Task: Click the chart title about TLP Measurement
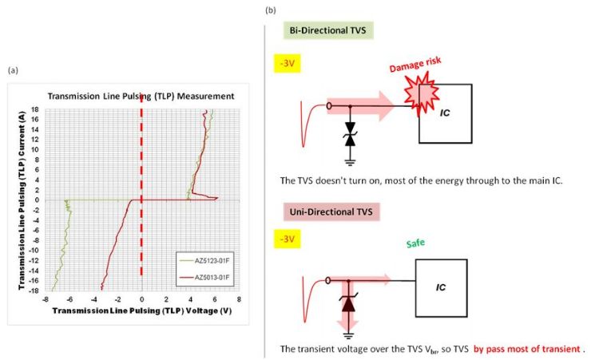(x=141, y=97)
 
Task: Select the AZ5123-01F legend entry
(x=204, y=261)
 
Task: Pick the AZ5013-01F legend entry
(x=204, y=278)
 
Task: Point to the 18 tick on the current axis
(x=35, y=109)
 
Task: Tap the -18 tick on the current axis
(x=34, y=291)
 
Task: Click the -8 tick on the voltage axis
(x=45, y=299)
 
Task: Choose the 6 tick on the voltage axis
(x=215, y=299)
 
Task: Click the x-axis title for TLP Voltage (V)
(x=142, y=311)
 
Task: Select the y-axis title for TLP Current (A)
(x=22, y=200)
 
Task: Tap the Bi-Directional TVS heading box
(x=328, y=30)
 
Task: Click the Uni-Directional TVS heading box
(x=331, y=212)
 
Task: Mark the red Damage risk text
(x=415, y=65)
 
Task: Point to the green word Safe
(x=415, y=243)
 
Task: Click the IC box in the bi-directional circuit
(x=446, y=114)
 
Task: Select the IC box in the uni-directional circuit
(x=441, y=288)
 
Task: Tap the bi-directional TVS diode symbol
(x=350, y=134)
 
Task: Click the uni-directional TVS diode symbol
(x=348, y=302)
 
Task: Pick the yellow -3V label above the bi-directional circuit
(x=288, y=63)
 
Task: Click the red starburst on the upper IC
(x=422, y=96)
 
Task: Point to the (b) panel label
(x=271, y=10)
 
